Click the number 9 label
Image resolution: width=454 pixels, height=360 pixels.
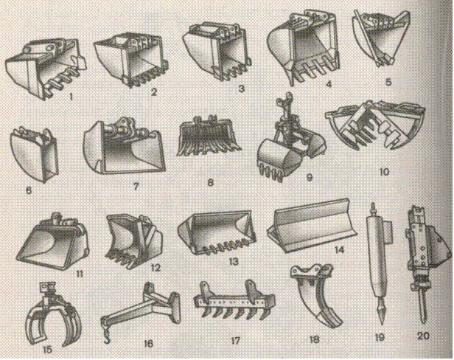tap(310, 177)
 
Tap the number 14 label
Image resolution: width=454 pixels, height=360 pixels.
tap(339, 249)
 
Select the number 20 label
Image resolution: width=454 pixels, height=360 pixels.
tap(423, 336)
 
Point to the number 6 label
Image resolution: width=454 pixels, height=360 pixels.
tap(29, 190)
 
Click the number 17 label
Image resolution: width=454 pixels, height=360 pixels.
tap(235, 341)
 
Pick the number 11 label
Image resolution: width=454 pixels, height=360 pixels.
tap(80, 273)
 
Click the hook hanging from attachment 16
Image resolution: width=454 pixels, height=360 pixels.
tap(106, 336)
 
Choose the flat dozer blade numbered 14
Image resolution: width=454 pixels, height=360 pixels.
tap(312, 226)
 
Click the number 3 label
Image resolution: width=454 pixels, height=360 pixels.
tap(242, 89)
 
